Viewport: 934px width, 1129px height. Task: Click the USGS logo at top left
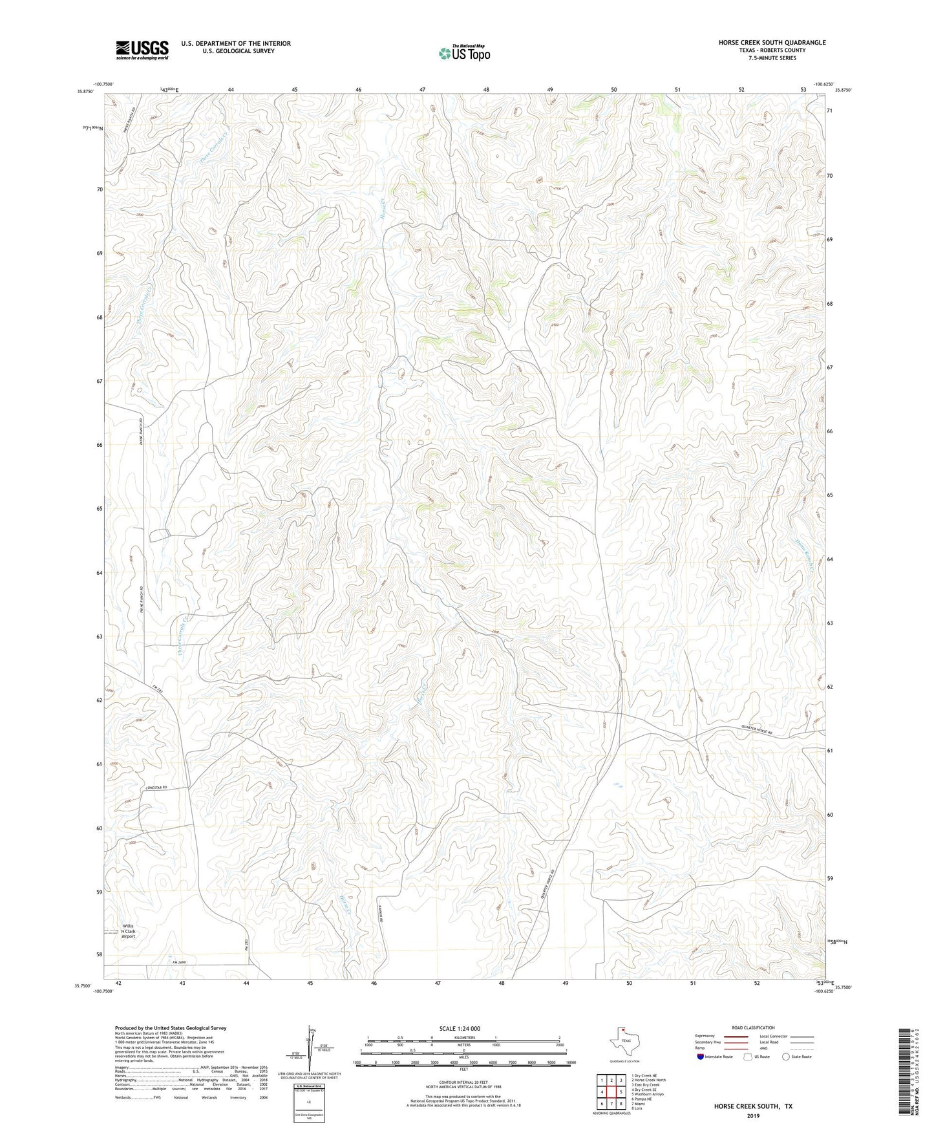(x=142, y=50)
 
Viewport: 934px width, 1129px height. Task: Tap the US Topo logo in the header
(x=464, y=53)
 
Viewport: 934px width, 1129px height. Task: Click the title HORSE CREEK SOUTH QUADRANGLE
(x=772, y=43)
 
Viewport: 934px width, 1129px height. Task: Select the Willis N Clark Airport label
(x=128, y=930)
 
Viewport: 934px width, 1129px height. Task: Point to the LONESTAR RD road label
(x=156, y=787)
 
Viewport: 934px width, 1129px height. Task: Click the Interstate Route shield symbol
(x=701, y=1057)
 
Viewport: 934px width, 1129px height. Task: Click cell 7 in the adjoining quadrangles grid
(x=611, y=1104)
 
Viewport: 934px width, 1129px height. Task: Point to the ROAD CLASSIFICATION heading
(x=753, y=1027)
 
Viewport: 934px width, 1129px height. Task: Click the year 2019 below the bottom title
(x=753, y=1116)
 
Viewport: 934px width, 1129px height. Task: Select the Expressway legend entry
(x=706, y=1036)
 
